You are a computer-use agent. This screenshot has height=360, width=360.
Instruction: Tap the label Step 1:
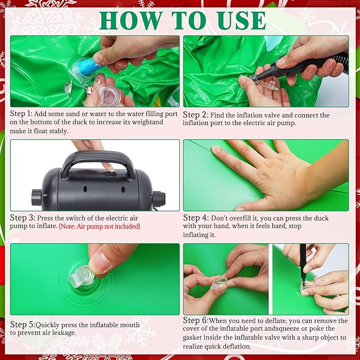point(21,113)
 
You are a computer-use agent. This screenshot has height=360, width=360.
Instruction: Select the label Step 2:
point(196,115)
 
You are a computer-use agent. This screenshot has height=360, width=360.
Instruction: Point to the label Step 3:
point(22,218)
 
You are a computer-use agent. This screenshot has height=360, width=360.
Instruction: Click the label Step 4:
point(196,218)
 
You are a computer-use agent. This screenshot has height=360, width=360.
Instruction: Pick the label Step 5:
point(23,324)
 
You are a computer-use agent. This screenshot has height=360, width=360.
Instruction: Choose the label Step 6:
point(196,320)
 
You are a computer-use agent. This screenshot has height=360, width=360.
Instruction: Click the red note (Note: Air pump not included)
point(100,226)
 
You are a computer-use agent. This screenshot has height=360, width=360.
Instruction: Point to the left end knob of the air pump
point(37,197)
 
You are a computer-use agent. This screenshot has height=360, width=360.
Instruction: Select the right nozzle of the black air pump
point(159,199)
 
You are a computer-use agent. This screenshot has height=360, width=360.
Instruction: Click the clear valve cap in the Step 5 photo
point(81,276)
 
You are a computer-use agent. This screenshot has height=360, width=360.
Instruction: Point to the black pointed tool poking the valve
point(303,265)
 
